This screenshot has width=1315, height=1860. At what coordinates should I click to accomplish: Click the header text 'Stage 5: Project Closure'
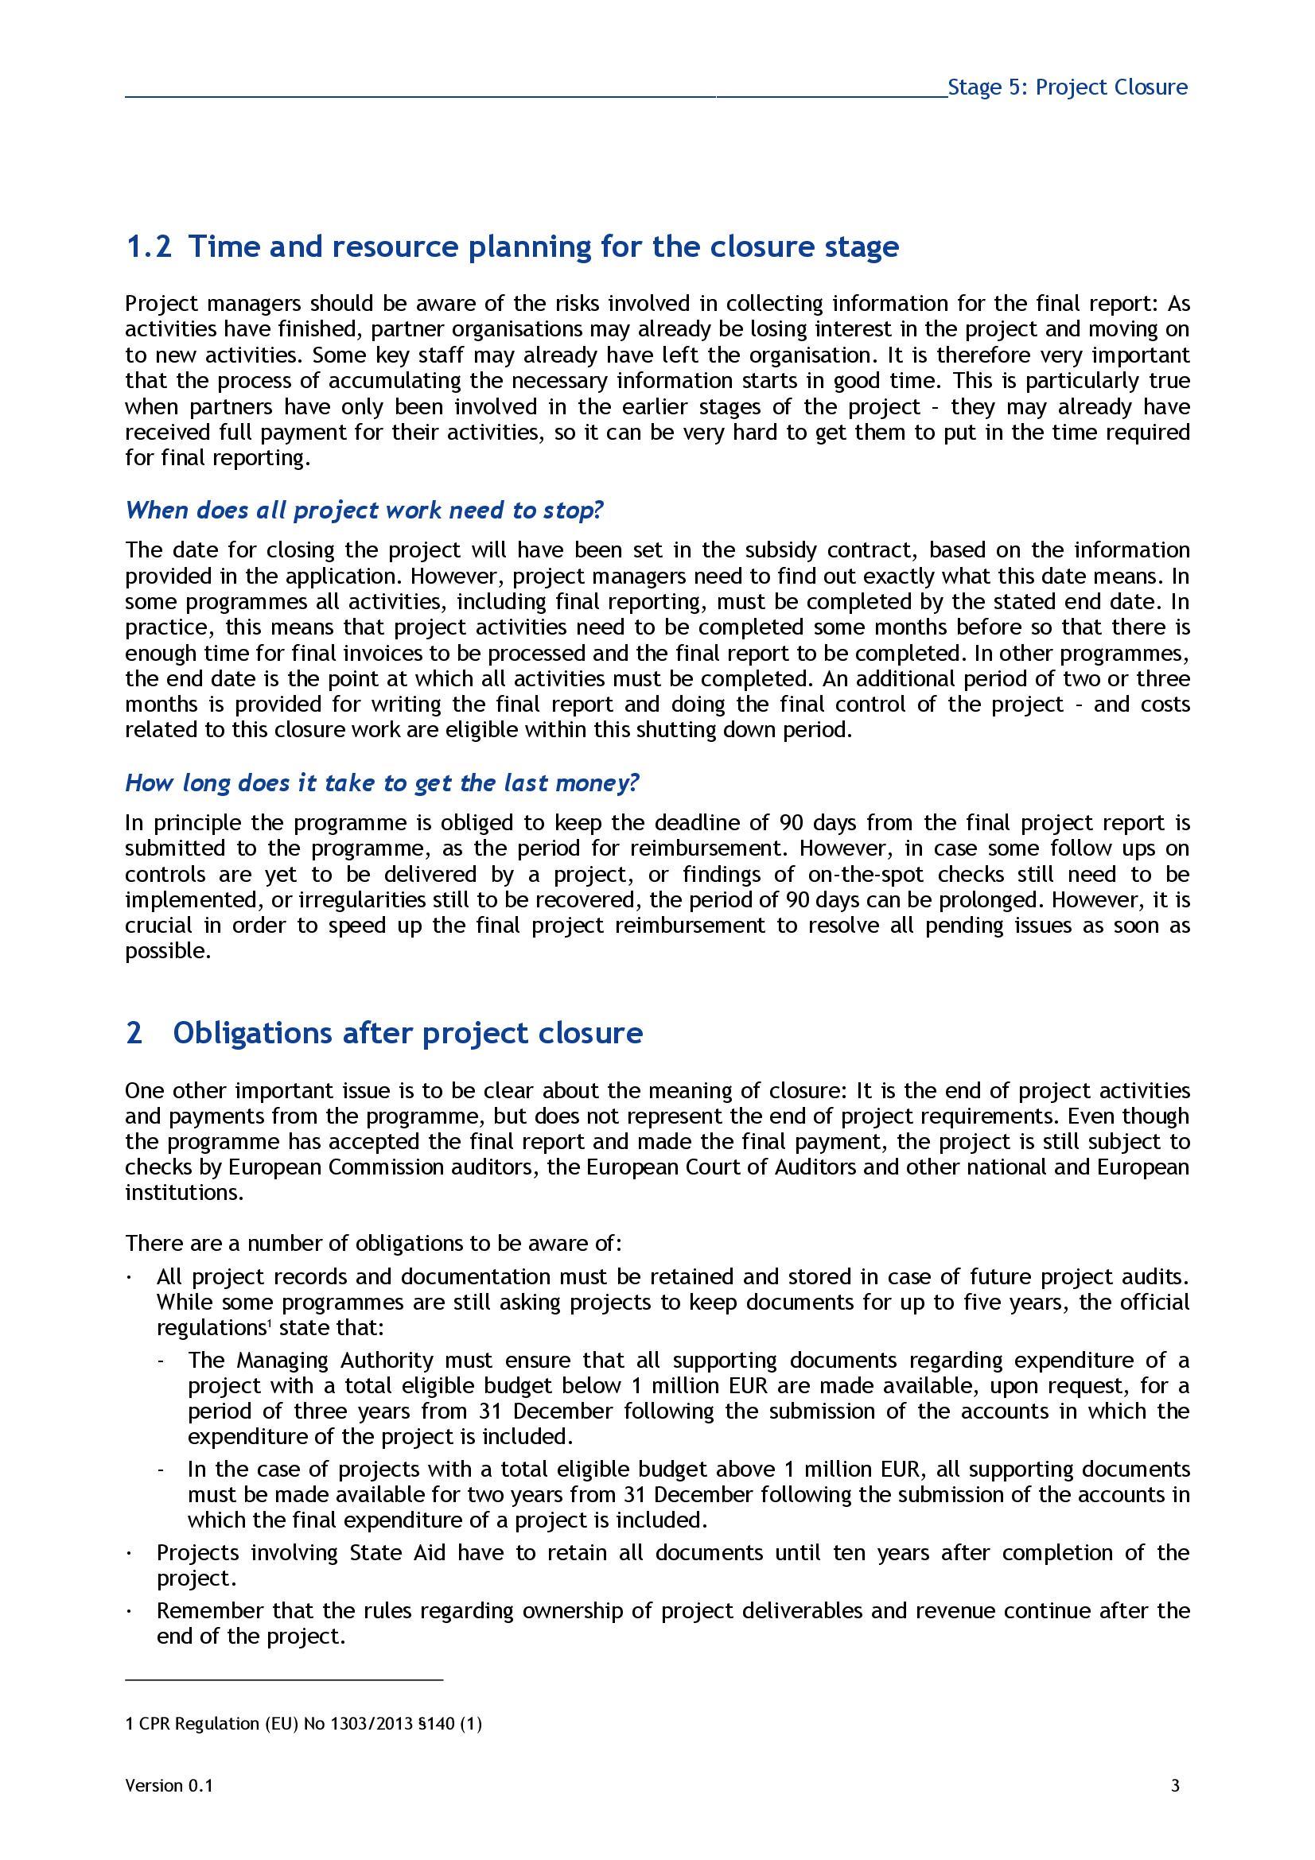[x=1067, y=87]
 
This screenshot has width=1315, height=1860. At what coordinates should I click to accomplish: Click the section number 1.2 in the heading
[x=148, y=247]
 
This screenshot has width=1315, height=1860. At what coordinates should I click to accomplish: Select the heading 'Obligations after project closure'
[x=407, y=1033]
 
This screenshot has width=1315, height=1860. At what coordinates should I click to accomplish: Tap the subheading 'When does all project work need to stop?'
[x=364, y=511]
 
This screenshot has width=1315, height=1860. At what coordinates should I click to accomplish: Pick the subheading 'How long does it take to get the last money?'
[x=383, y=782]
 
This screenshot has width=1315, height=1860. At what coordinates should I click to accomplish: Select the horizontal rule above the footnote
[x=283, y=1681]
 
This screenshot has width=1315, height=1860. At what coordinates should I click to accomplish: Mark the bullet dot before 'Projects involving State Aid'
[x=130, y=1554]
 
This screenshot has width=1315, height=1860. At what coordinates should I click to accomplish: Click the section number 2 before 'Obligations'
[x=134, y=1033]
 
